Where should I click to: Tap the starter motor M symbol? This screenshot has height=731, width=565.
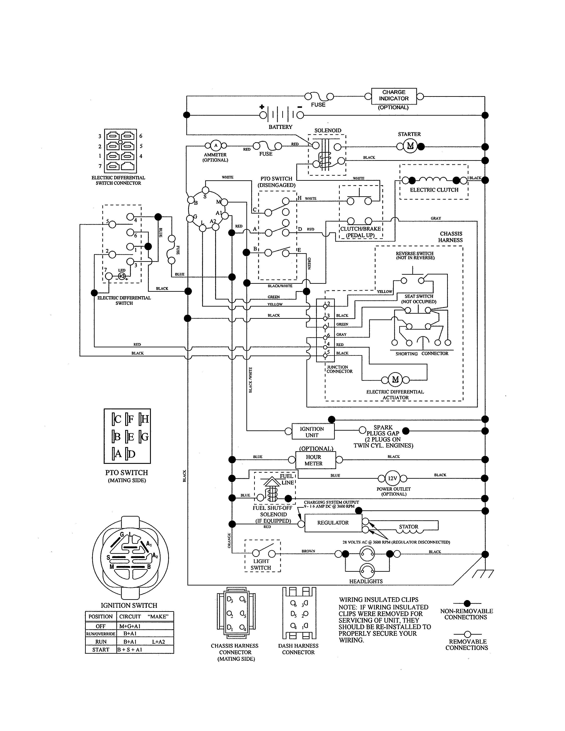pos(410,146)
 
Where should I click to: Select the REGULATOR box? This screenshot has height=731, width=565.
pos(333,523)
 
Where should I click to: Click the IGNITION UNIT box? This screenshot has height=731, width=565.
pos(312,432)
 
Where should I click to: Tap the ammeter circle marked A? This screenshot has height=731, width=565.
pos(216,145)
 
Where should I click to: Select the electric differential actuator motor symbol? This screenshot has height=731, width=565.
pos(395,379)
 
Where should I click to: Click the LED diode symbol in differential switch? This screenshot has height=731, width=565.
pos(122,276)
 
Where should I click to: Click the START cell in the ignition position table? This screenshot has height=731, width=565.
pos(101,650)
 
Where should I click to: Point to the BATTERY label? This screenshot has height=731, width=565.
pos(281,127)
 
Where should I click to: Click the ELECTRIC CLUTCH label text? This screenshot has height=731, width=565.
pos(434,190)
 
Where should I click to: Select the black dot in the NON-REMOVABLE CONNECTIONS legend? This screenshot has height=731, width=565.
pos(468,603)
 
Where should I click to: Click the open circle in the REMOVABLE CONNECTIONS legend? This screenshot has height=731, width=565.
pos(468,634)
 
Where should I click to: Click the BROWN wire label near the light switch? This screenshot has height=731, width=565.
pos(308,551)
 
